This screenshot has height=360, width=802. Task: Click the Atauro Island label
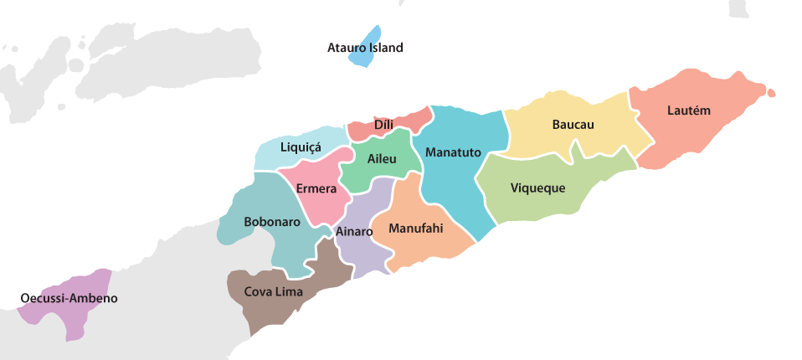pyautogui.click(x=365, y=48)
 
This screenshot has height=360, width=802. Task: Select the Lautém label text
pyautogui.click(x=689, y=110)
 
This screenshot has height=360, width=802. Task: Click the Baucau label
pyautogui.click(x=573, y=125)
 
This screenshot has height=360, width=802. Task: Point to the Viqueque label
pyautogui.click(x=537, y=188)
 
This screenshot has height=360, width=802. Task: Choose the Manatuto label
pyautogui.click(x=453, y=152)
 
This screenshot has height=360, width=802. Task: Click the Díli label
pyautogui.click(x=383, y=125)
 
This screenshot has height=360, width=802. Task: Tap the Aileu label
pyautogui.click(x=382, y=158)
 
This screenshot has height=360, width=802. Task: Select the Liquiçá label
pyautogui.click(x=301, y=147)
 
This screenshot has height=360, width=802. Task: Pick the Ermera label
pyautogui.click(x=316, y=188)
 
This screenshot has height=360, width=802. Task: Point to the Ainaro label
pyautogui.click(x=354, y=230)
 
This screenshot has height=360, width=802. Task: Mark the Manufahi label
pyautogui.click(x=416, y=227)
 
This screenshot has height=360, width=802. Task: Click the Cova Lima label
pyautogui.click(x=274, y=291)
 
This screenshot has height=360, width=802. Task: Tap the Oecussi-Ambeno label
pyautogui.click(x=69, y=298)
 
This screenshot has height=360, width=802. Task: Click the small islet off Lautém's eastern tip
pyautogui.click(x=769, y=93)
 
